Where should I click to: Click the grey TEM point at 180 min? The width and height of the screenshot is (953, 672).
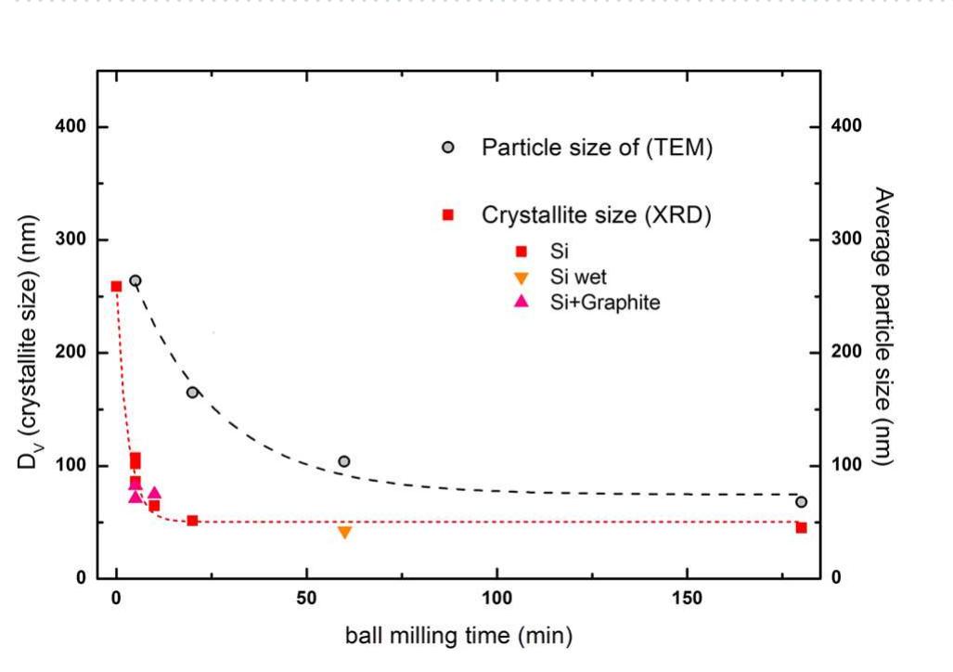tap(801, 501)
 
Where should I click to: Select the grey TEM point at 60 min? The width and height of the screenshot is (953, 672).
tap(344, 461)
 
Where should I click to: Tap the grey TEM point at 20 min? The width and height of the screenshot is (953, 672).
tap(192, 392)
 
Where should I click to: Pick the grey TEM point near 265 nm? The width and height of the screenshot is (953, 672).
tap(135, 280)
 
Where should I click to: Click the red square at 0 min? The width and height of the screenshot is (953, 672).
tap(116, 286)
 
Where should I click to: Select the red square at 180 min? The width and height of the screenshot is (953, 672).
tap(801, 527)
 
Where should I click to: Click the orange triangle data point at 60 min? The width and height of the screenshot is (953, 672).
tap(344, 532)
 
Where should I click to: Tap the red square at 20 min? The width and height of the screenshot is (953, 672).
tap(192, 521)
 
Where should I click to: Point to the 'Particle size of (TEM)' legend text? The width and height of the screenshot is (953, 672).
tap(597, 148)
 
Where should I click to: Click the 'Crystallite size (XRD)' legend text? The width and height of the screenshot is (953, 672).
tap(596, 214)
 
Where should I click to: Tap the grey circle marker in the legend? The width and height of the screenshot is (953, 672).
tap(447, 148)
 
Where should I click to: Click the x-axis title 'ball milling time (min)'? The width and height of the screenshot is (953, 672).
tap(459, 636)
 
